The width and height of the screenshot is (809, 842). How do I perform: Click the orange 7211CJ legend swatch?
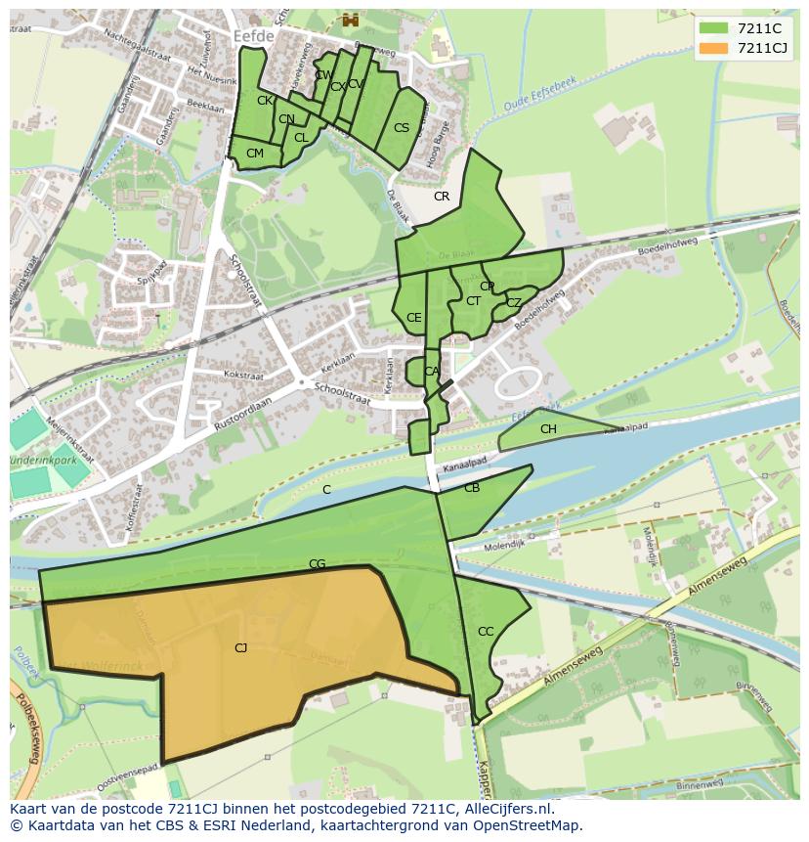(x=713, y=48)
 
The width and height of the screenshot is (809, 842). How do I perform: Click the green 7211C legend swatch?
(x=713, y=27)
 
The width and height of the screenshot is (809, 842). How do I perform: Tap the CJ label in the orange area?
(x=240, y=647)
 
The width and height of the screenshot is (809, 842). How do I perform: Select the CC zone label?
(x=486, y=632)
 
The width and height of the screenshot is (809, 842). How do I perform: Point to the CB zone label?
(x=472, y=488)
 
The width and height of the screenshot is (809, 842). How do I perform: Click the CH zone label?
(x=548, y=429)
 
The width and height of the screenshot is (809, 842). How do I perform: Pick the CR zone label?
(x=442, y=197)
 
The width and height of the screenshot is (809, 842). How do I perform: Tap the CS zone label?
(x=402, y=128)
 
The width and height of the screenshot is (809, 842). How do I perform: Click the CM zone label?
(x=255, y=154)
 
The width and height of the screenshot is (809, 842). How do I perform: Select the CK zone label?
(x=265, y=101)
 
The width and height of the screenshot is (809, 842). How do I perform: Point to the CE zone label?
(x=414, y=318)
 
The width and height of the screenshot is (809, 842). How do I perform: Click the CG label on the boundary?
(x=317, y=564)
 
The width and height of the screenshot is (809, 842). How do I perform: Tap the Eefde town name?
(x=255, y=34)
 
